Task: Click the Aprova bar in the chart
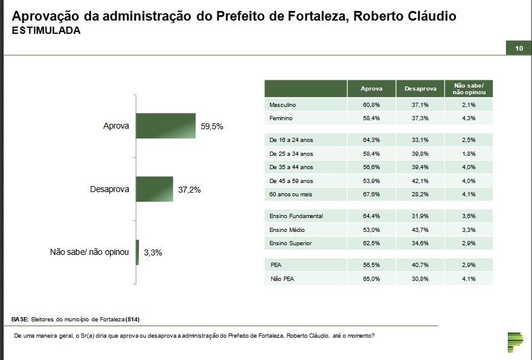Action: coord(166,126)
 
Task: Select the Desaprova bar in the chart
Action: coord(155,189)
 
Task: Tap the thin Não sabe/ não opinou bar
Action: coord(138,252)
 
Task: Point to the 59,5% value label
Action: coord(212,126)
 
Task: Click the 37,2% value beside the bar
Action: coord(189,190)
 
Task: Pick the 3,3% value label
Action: coord(153,252)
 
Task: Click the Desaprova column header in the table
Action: coord(420,89)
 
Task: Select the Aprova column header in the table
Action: coord(371,89)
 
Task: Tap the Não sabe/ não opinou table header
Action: coord(469,89)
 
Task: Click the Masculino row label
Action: coord(283,105)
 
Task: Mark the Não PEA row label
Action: coord(283,278)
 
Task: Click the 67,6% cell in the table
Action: coord(371,194)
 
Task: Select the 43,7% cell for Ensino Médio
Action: coord(420,230)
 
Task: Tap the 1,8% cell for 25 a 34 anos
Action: coord(469,154)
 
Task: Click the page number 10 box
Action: coord(519,48)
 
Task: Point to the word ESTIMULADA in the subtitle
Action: coord(46,30)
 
